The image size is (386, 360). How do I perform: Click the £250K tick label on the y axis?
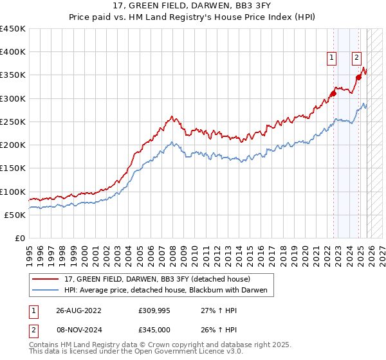(12, 122)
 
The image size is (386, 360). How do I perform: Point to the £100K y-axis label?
(12, 192)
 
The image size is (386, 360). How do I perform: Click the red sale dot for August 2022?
(333, 94)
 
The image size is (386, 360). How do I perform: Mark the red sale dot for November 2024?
(358, 78)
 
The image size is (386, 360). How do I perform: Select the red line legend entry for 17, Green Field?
(161, 279)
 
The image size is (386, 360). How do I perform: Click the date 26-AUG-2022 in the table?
(78, 310)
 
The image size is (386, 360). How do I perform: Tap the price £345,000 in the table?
(154, 328)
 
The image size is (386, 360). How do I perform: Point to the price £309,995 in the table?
(154, 310)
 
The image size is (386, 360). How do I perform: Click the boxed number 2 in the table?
(33, 328)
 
